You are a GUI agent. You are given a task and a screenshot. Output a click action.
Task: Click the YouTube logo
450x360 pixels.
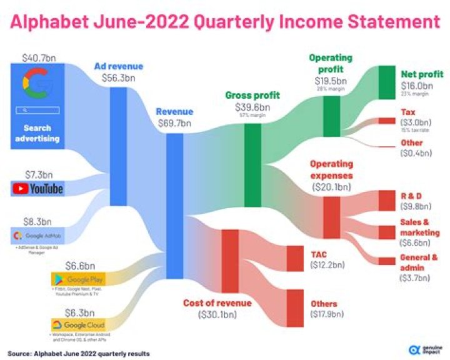(x=37, y=188)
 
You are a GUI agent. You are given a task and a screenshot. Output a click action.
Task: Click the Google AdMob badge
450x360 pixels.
(x=37, y=236)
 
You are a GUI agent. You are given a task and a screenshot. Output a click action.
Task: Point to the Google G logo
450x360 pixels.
(x=37, y=86)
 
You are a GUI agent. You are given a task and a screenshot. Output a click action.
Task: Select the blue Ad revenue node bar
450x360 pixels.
(x=118, y=146)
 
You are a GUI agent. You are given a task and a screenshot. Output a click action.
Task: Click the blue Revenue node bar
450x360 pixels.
(x=174, y=196)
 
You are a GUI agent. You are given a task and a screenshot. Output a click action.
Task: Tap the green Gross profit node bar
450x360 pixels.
(x=252, y=165)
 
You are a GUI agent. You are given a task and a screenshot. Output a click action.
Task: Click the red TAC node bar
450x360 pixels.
(x=294, y=257)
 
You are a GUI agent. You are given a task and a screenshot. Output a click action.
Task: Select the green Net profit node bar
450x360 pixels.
(x=387, y=82)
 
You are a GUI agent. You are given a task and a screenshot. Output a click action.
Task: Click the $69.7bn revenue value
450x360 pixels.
(x=174, y=123)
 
